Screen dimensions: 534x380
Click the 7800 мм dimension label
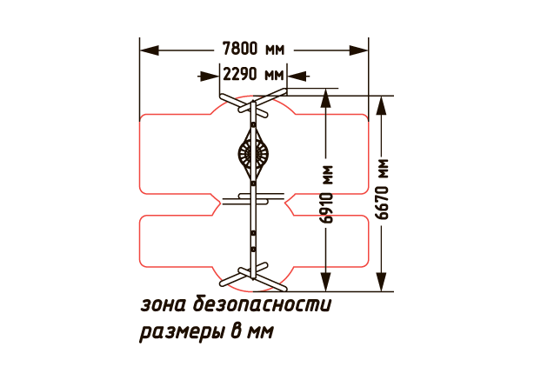coord(253,49)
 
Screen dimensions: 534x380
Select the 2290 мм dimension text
coord(253,74)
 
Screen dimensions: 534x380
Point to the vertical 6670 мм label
coord(382,190)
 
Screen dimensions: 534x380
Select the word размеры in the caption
coord(180,332)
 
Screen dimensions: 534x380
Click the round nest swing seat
coord(253,154)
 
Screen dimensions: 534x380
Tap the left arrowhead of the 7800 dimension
coord(150,50)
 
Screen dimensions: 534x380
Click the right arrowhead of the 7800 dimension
coord(358,50)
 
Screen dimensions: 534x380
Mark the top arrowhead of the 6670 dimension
coord(382,105)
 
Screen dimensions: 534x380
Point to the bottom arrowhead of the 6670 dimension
coord(382,282)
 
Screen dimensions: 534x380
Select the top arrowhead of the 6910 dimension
coord(326,98)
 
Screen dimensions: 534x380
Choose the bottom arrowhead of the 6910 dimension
coord(326,282)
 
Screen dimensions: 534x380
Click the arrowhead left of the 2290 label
coord(209,77)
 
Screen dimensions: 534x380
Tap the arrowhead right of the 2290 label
coord(297,77)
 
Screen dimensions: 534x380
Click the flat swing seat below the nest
coord(253,199)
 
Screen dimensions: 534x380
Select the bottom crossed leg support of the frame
coord(253,277)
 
